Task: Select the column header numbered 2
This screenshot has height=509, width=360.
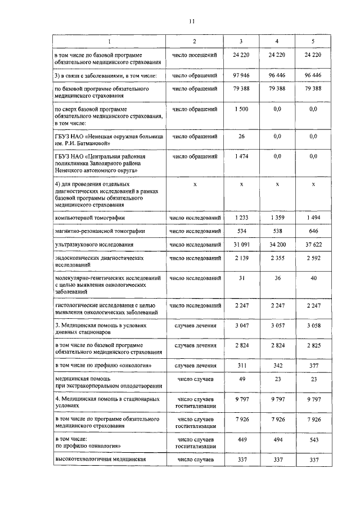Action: point(194,41)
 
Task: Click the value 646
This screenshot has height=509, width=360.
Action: point(313,231)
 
